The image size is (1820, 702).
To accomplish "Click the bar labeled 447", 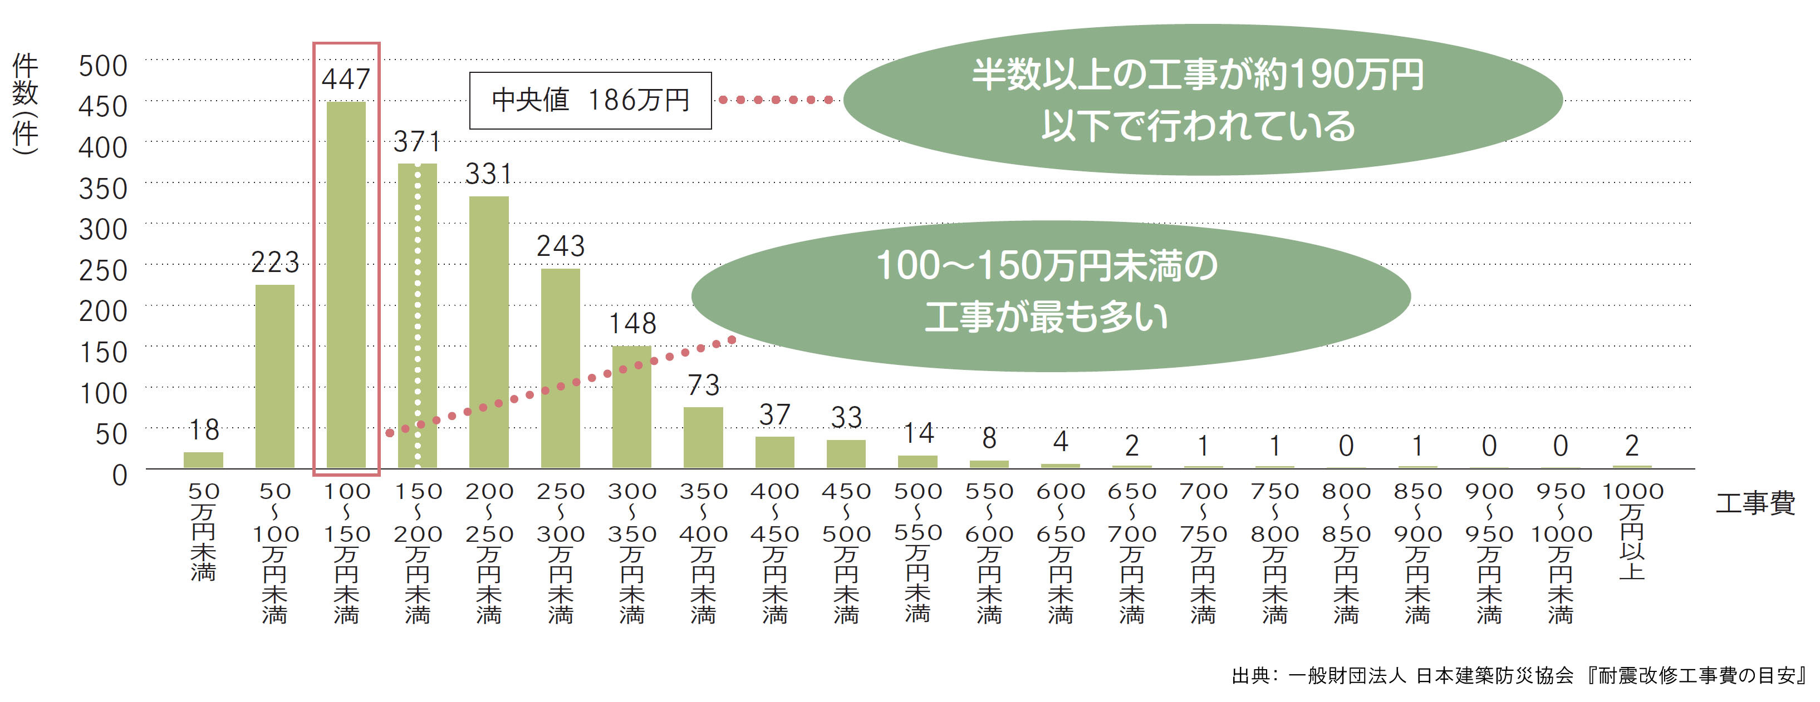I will coord(346,284).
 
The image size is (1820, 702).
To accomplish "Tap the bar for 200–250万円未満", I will coord(489,332).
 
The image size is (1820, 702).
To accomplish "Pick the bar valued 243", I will coord(560,367).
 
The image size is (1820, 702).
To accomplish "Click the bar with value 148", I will coord(632,406).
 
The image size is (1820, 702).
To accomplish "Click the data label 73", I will coord(704,385).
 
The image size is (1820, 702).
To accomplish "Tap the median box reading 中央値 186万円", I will coord(591,100).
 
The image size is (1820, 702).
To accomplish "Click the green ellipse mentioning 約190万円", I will coord(1201,100).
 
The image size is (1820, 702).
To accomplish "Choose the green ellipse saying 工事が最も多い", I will coord(1051,296).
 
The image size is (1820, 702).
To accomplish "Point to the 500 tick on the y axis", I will coord(103,66).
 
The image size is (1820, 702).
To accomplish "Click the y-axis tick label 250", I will coord(103,270).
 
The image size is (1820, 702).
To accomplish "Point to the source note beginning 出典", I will coord(1519,676).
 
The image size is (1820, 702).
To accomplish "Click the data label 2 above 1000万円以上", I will coord(1632,446).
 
